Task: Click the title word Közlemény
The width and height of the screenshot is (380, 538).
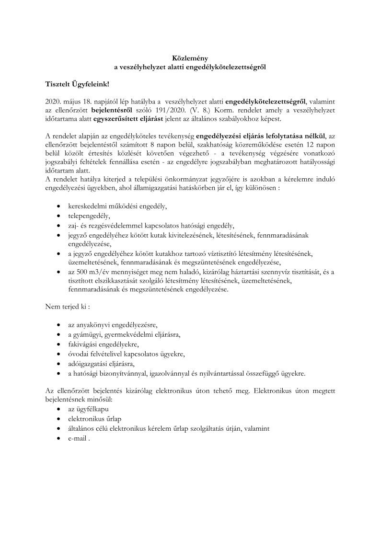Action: pos(190,58)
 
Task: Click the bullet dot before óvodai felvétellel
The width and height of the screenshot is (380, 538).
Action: pos(58,355)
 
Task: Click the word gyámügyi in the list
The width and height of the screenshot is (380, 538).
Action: pos(87,335)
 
